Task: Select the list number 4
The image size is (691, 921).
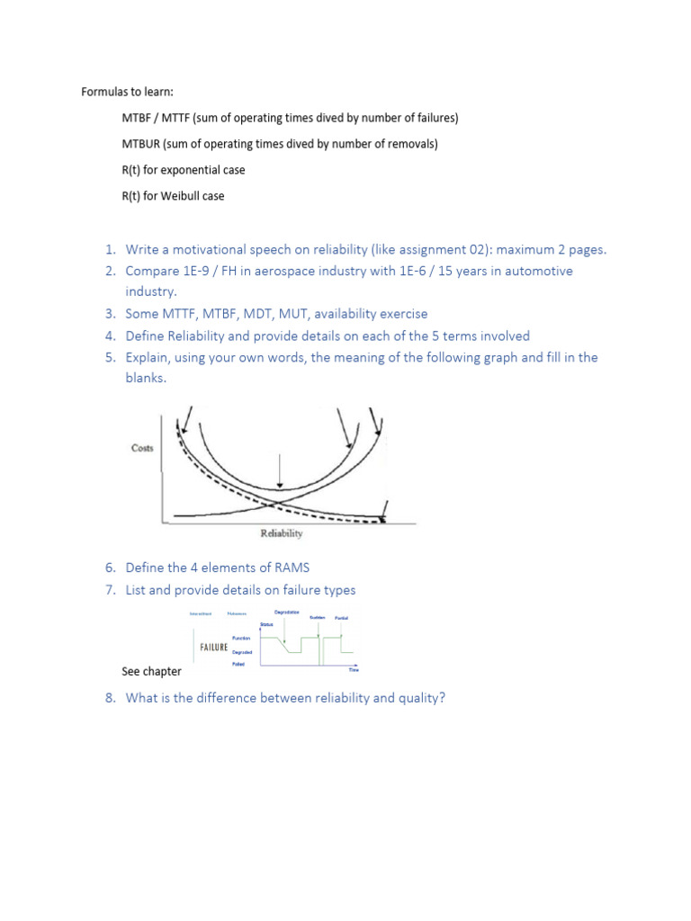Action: pos(110,335)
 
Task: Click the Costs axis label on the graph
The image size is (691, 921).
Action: pos(142,448)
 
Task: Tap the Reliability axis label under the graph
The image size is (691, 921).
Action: pos(282,533)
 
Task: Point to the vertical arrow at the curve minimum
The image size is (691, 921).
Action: pos(282,471)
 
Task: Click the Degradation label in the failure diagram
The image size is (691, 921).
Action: pos(287,613)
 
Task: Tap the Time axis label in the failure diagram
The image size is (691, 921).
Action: pos(353,670)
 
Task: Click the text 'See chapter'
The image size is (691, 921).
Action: pos(151,671)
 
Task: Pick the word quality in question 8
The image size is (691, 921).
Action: pos(419,698)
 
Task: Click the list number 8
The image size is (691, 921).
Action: pos(110,698)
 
